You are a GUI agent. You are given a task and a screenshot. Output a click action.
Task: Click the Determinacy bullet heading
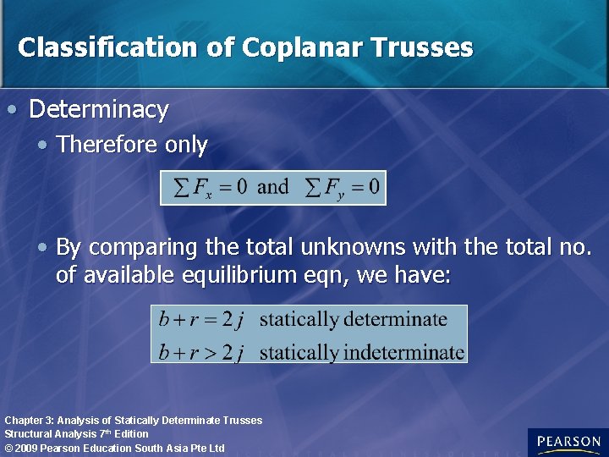(x=99, y=109)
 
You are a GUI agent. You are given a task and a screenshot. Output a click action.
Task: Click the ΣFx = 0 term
(x=210, y=187)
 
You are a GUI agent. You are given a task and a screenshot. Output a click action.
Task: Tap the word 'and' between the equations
(x=272, y=187)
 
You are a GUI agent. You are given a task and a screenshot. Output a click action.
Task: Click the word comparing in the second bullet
(x=135, y=247)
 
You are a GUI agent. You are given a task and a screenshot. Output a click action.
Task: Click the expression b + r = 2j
(x=201, y=320)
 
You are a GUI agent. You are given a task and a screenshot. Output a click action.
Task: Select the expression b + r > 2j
(x=201, y=351)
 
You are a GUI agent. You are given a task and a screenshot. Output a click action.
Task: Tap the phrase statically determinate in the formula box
(x=353, y=320)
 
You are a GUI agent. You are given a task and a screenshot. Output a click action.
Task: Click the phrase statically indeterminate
(x=361, y=351)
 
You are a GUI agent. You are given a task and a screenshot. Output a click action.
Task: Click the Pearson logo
(x=568, y=442)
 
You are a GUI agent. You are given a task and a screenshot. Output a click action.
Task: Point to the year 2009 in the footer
(x=25, y=448)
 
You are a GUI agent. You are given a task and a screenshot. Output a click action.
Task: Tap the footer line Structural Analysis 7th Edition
(x=76, y=434)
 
